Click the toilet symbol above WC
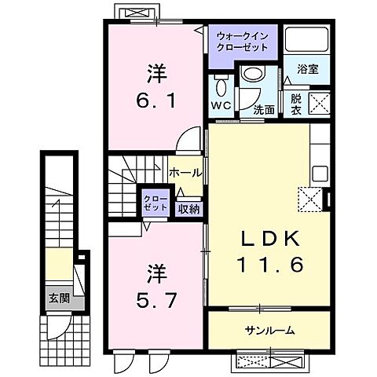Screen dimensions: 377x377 pos(220,86)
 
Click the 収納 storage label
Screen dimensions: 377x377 pos(188,208)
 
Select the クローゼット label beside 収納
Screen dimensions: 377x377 pos(153,203)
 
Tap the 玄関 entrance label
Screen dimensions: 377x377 pos(57,298)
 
